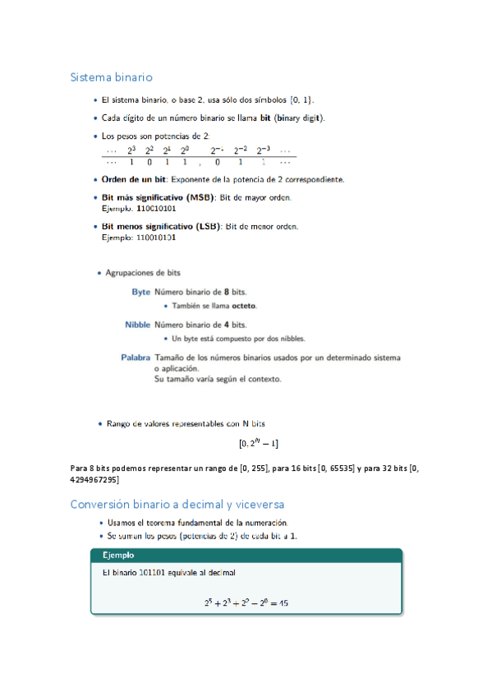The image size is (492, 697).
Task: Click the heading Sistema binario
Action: pyautogui.click(x=112, y=77)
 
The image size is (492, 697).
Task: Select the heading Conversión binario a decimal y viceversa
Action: pyautogui.click(x=177, y=504)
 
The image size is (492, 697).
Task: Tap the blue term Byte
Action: pyautogui.click(x=140, y=292)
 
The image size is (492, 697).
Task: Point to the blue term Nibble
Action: pyautogui.click(x=137, y=325)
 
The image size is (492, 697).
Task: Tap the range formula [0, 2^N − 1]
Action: pyautogui.click(x=259, y=444)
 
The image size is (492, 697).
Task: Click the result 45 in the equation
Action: pyautogui.click(x=283, y=603)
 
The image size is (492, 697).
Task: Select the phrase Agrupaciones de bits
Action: pyautogui.click(x=144, y=273)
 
